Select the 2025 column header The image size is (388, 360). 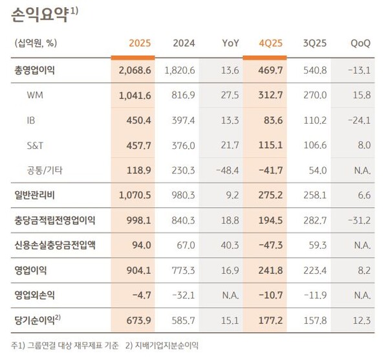point(139,43)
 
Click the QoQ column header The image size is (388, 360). point(360,43)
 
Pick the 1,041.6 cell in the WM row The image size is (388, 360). point(135,95)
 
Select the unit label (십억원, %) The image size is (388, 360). point(36,43)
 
